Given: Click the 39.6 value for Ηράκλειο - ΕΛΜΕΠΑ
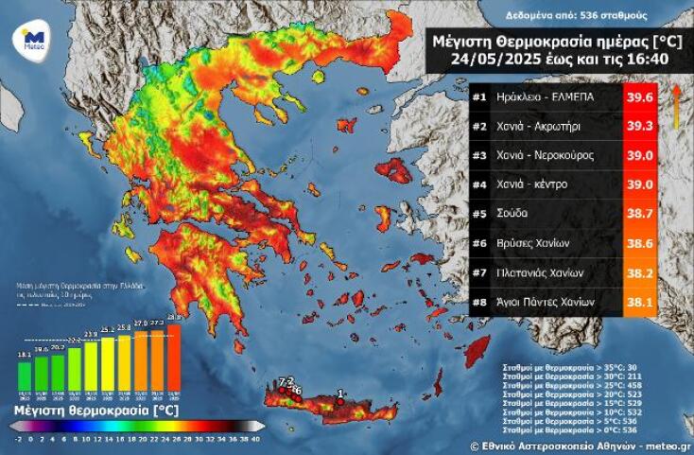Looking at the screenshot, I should (x=638, y=96).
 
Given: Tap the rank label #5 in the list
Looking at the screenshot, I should (x=479, y=214).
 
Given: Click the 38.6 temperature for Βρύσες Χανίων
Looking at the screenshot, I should (x=638, y=243).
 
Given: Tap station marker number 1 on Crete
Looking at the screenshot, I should (x=339, y=399).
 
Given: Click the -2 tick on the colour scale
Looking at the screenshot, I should (x=18, y=438).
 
